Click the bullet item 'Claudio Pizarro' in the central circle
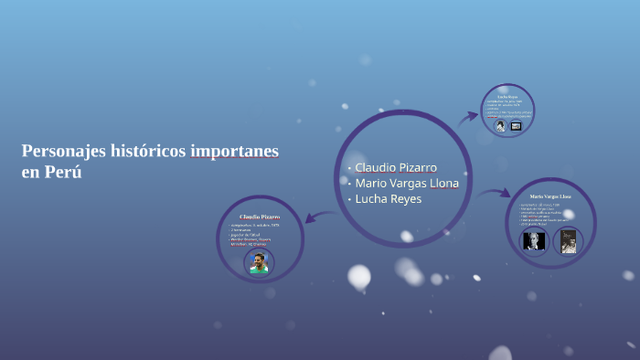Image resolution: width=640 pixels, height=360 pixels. coord(395,167)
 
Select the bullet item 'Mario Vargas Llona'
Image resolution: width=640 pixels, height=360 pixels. coord(407,183)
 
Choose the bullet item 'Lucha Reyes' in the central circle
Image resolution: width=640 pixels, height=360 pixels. coord(388,198)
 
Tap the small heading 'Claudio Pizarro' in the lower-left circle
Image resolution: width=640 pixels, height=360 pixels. coord(260,217)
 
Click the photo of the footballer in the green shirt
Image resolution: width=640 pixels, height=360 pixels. coord(259,263)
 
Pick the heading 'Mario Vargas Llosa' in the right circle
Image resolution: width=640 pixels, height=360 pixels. coord(550,196)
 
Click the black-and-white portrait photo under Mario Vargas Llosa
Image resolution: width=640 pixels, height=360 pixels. coord(533,241)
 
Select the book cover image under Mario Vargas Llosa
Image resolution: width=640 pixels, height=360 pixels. coord(568,241)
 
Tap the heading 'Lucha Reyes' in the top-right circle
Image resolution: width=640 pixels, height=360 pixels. coord(507,96)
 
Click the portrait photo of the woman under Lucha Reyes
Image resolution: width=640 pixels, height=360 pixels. coord(500,126)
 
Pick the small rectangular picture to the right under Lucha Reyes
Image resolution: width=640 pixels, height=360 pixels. coord(516,126)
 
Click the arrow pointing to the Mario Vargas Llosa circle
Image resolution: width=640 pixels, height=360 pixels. coord(495,193)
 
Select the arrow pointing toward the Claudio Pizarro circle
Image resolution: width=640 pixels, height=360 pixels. coord(318,217)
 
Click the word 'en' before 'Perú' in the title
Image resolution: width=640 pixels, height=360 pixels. coord(31,173)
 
